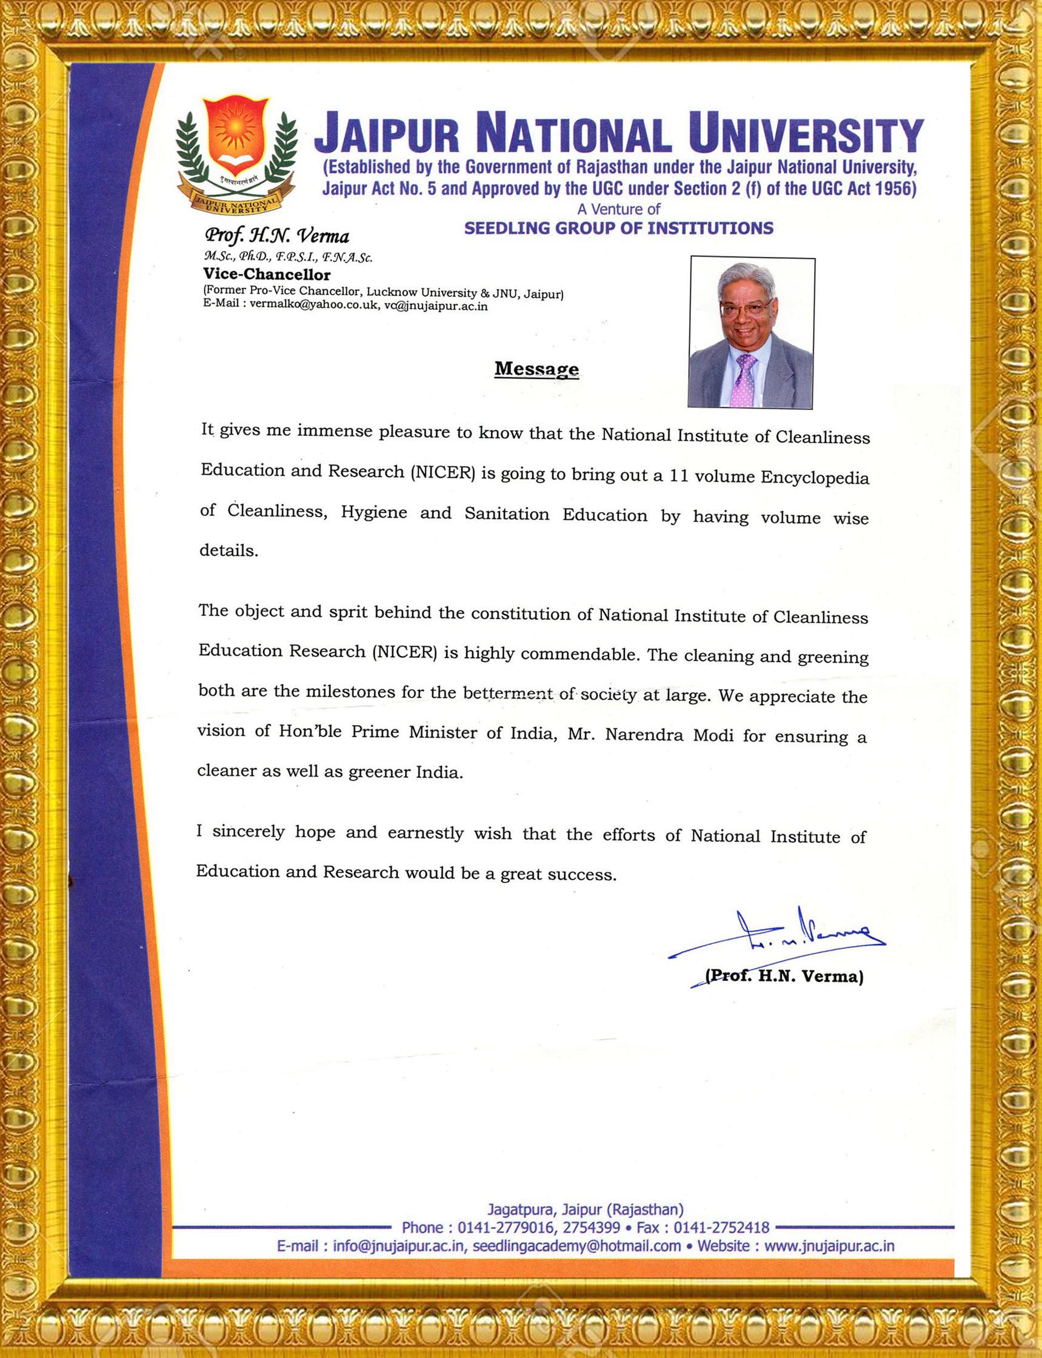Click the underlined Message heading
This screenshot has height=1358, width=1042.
(x=536, y=369)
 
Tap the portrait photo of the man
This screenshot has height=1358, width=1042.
(x=751, y=332)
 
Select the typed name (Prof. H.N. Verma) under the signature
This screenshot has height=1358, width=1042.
(x=784, y=977)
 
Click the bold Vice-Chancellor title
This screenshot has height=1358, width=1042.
(x=267, y=274)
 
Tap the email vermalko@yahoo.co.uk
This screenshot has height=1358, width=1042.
(x=314, y=306)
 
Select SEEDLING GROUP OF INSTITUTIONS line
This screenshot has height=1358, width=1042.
(x=618, y=229)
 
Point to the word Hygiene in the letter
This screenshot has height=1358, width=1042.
(x=374, y=513)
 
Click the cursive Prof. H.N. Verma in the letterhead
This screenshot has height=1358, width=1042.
(x=276, y=236)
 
